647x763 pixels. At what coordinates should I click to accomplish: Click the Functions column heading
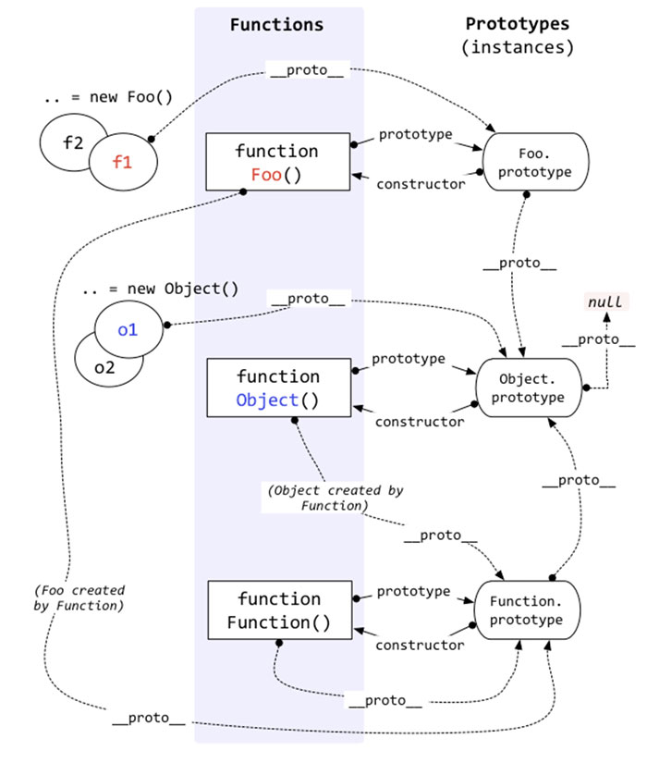pyautogui.click(x=277, y=25)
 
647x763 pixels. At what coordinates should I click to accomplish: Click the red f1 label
pyautogui.click(x=123, y=163)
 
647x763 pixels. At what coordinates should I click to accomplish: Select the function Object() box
pyautogui.click(x=277, y=388)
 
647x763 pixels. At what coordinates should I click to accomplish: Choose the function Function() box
pyautogui.click(x=278, y=610)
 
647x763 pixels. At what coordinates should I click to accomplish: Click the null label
pyautogui.click(x=606, y=302)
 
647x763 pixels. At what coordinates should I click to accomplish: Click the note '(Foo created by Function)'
pyautogui.click(x=78, y=597)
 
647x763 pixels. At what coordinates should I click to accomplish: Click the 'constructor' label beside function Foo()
pyautogui.click(x=421, y=184)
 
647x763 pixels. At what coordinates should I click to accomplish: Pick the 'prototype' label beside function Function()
pyautogui.click(x=413, y=591)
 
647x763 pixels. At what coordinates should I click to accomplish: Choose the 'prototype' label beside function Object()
pyautogui.click(x=408, y=358)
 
